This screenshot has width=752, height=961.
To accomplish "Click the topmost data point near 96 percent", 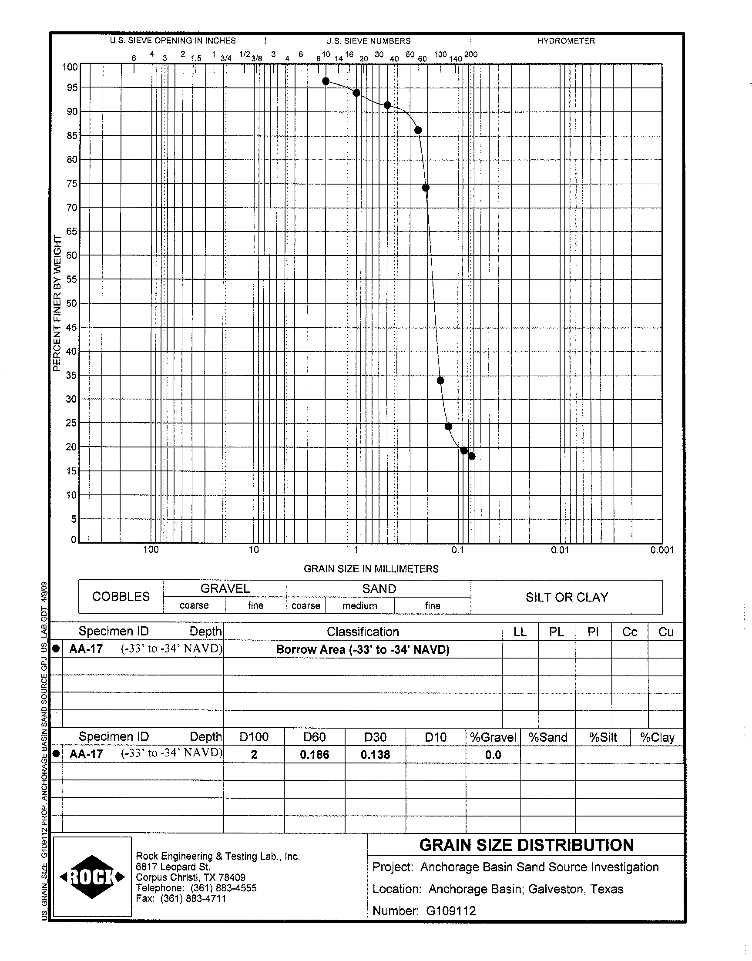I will click(326, 81).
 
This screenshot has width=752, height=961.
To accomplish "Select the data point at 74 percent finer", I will click(426, 188).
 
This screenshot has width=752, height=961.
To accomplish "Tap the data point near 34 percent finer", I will click(440, 380).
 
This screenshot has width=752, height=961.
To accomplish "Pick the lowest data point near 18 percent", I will click(472, 456).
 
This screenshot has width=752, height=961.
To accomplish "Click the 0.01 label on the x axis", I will click(560, 550).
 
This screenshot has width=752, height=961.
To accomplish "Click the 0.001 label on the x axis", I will click(662, 550).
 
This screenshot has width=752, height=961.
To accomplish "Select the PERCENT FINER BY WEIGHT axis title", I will click(57, 303).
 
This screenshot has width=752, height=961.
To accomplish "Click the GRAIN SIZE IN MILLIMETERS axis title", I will click(371, 569).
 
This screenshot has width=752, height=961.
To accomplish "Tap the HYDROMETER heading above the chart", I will click(566, 41).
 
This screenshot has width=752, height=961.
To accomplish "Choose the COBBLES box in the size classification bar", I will click(121, 597).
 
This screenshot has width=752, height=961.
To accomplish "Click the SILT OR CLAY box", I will click(567, 598).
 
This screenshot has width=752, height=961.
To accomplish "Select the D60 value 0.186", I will click(314, 755).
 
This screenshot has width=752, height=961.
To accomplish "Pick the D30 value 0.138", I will click(375, 755).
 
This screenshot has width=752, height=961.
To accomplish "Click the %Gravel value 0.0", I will click(493, 755).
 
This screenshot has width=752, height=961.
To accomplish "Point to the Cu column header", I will click(665, 632).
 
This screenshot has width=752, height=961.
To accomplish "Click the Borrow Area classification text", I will click(363, 650).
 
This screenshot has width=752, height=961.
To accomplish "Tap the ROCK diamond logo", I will click(92, 877).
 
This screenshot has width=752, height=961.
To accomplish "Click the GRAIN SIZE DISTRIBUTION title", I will click(526, 845).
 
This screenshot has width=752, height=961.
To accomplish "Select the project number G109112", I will click(451, 911).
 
